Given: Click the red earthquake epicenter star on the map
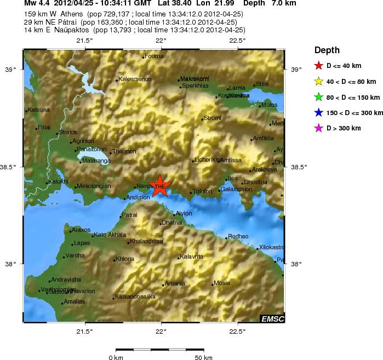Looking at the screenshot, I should coord(159,187).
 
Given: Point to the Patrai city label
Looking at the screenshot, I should coord(129,215).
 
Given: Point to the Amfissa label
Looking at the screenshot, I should coord(231,160).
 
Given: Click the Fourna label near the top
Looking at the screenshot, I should coord(154,56).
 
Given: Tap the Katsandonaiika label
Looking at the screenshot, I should coord(135,296).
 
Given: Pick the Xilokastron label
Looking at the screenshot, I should coord(272,247).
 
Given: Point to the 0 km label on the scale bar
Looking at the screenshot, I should coord(116,358).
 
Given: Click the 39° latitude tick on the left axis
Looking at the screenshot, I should coord(10,70).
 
